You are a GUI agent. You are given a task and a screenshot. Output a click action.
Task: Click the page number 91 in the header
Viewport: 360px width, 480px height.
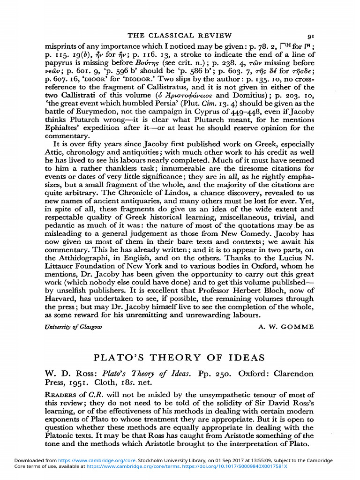pos(311,35)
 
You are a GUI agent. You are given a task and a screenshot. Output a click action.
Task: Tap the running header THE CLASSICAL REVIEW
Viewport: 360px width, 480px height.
pos(180,35)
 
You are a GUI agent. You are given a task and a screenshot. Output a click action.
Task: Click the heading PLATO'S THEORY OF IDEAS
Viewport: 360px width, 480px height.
pos(180,358)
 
